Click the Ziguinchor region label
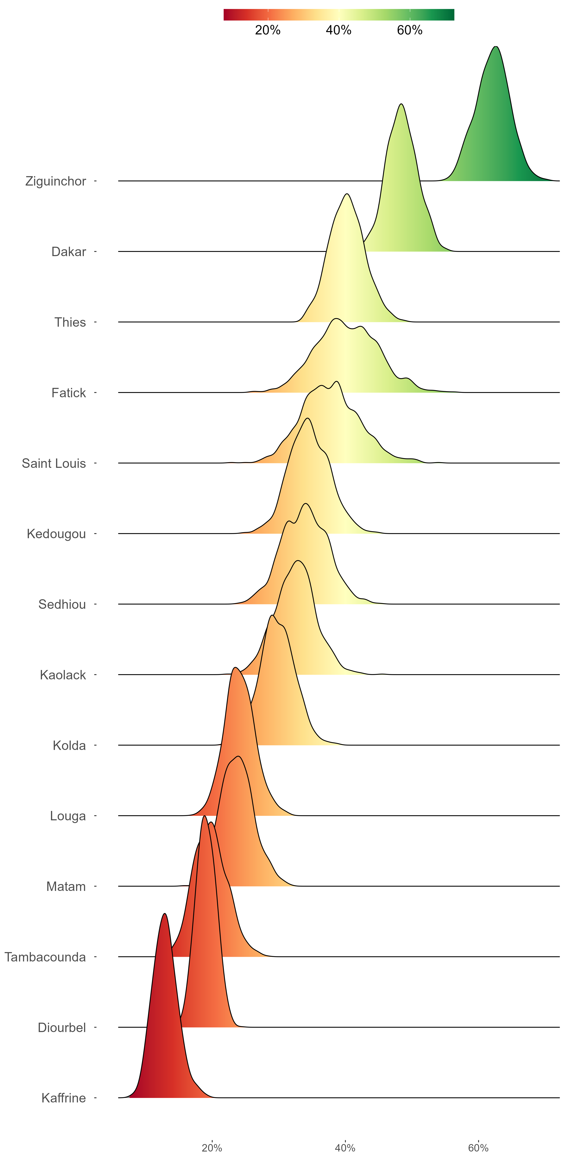[55, 181]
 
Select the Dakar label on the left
[69, 252]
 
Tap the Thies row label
[70, 322]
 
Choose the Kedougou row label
[56, 534]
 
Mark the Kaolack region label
[63, 675]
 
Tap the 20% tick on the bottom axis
[212, 1148]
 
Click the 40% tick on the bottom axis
[345, 1148]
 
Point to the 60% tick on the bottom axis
[478, 1148]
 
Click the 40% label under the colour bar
[339, 30]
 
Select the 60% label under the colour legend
[409, 30]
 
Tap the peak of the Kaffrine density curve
[165, 914]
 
